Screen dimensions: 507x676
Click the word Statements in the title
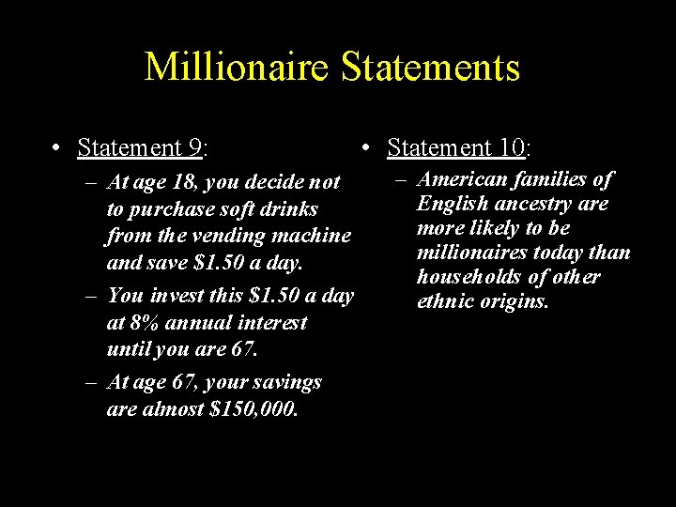coord(427,69)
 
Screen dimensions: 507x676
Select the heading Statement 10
coord(456,148)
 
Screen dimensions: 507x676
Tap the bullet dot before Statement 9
coord(58,148)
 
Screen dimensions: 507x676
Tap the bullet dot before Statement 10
coord(367,148)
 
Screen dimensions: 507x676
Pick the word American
coord(463,179)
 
